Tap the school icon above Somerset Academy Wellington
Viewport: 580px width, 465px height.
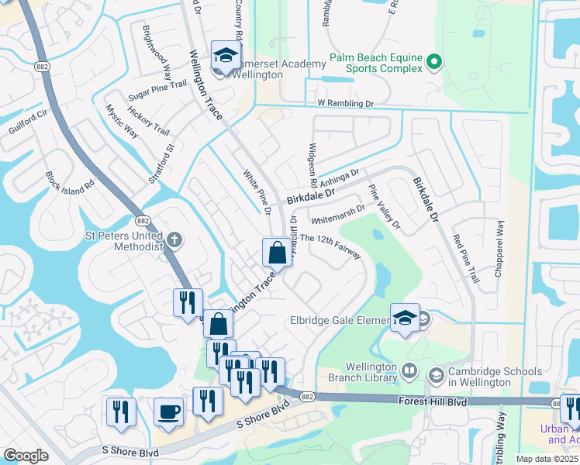point(226,56)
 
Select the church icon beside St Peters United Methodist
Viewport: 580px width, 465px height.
point(174,239)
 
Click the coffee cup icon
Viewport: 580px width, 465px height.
point(168,412)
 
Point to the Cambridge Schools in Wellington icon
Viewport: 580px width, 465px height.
point(436,376)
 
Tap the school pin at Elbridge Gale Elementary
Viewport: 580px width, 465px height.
point(405,318)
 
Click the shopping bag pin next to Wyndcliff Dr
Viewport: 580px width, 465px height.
point(277,252)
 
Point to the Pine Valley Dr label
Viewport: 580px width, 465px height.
point(385,207)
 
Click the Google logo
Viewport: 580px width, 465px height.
point(26,456)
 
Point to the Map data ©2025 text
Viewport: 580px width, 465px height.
point(547,459)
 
